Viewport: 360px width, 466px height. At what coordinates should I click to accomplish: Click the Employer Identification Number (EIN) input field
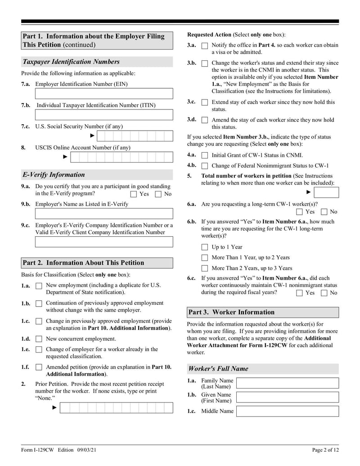(x=104, y=94)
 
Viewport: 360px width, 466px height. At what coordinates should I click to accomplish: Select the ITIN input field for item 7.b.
(x=104, y=114)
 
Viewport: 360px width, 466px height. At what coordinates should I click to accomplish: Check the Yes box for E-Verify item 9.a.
(x=134, y=194)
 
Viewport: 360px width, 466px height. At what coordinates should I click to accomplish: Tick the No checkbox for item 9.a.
(x=158, y=194)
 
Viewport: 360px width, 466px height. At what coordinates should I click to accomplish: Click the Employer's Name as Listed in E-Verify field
(x=104, y=213)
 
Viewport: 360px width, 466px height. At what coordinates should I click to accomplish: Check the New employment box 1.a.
(x=39, y=285)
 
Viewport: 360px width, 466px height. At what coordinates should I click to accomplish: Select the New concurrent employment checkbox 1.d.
(x=39, y=339)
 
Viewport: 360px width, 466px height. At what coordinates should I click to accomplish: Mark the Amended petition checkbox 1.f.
(x=39, y=367)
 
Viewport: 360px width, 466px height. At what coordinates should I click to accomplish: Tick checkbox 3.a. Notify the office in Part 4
(x=205, y=46)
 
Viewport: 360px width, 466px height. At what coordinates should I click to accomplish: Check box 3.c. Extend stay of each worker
(x=205, y=103)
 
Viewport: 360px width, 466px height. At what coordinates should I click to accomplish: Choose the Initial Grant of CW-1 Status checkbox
(x=205, y=155)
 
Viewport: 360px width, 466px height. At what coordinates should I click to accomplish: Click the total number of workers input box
(x=326, y=193)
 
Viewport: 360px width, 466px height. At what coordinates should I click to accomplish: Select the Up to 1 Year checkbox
(x=205, y=247)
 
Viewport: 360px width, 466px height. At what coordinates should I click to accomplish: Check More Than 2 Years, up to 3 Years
(x=205, y=268)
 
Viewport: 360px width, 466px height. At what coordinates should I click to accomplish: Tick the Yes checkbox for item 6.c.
(x=300, y=293)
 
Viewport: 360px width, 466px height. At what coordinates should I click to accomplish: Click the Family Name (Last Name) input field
(x=288, y=383)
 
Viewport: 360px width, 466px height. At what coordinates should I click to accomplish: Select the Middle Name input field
(x=288, y=411)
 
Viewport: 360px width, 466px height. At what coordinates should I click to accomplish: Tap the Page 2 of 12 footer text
(x=325, y=450)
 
